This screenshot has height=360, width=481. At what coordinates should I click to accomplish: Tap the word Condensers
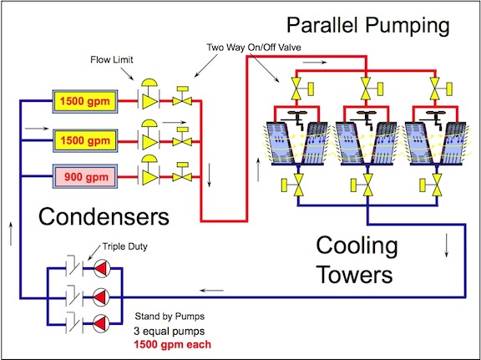pos(104,217)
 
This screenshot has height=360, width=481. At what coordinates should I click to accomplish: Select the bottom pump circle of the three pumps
pos(99,322)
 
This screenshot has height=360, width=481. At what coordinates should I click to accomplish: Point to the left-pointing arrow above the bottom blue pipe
pos(212,289)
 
